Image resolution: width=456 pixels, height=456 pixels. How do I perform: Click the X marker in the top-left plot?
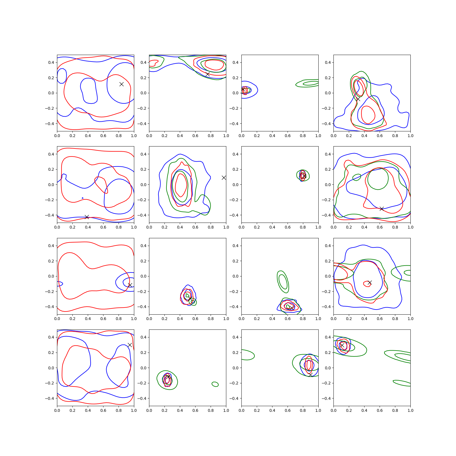[x=121, y=84]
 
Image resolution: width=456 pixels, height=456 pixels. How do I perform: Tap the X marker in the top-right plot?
[x=358, y=99]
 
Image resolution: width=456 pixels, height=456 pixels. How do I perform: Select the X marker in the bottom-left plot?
[x=130, y=345]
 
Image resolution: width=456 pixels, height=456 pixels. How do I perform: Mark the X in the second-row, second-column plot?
[x=224, y=178]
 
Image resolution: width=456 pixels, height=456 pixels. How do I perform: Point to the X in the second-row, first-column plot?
[x=87, y=217]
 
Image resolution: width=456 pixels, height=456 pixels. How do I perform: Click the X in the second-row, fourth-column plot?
[x=382, y=209]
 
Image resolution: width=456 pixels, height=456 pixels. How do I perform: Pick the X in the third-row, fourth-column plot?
[x=370, y=283]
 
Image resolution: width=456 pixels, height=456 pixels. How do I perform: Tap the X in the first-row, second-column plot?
[x=208, y=74]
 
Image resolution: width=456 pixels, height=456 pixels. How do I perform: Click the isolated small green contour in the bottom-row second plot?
[x=215, y=384]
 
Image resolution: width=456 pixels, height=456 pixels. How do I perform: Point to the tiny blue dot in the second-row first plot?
[x=83, y=198]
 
